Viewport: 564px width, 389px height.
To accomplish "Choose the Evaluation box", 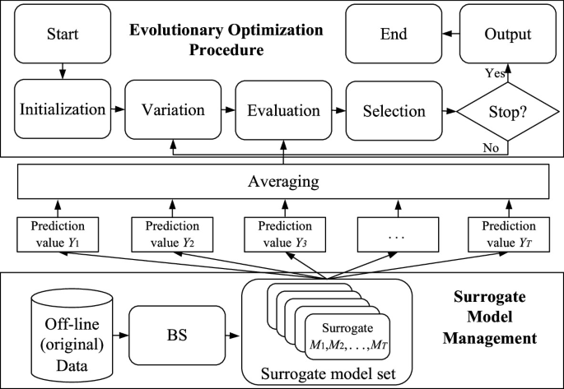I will [284, 109].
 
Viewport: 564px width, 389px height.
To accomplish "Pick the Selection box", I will [396, 110].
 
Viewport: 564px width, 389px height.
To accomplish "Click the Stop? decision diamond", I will [508, 110].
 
